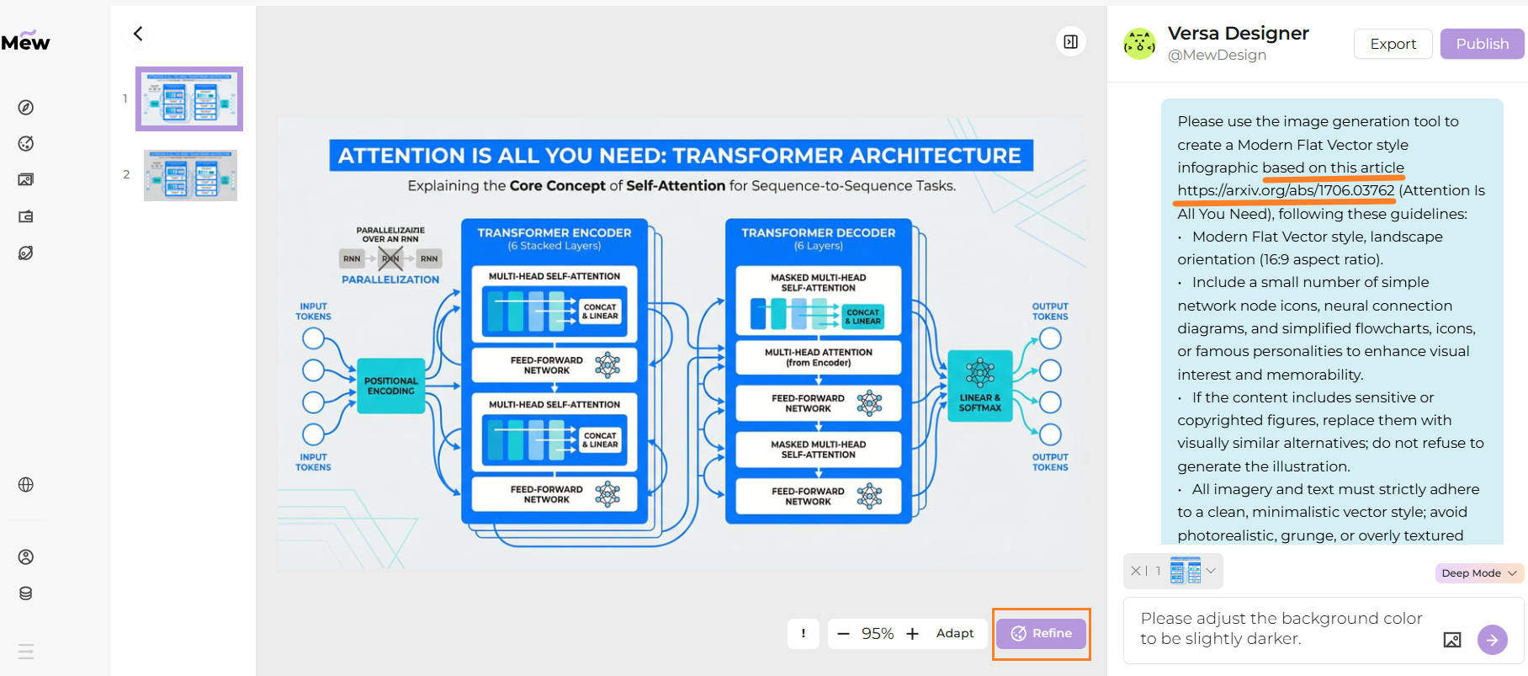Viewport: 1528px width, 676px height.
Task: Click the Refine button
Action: click(x=1041, y=633)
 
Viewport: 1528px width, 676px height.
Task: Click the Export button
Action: click(x=1393, y=44)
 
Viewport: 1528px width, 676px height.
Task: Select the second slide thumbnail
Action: click(x=190, y=175)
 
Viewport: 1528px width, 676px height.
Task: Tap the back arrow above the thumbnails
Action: click(x=138, y=34)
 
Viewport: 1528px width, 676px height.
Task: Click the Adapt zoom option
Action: click(x=954, y=633)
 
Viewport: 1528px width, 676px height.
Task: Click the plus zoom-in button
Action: click(x=912, y=633)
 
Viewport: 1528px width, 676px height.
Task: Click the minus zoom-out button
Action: click(x=843, y=633)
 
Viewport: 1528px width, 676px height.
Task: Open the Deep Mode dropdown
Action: click(x=1478, y=573)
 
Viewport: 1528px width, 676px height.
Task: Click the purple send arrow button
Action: click(x=1492, y=640)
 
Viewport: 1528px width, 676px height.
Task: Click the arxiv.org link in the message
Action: click(x=1285, y=190)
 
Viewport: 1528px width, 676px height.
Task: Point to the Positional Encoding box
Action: click(x=390, y=386)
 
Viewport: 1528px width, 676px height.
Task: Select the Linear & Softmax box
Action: click(x=979, y=386)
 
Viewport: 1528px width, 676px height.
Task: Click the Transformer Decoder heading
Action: click(x=818, y=232)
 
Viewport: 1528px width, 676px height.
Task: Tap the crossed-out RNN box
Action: click(x=390, y=258)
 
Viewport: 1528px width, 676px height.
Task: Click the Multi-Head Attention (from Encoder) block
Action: click(x=818, y=358)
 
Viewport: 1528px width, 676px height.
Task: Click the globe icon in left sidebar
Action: click(x=26, y=485)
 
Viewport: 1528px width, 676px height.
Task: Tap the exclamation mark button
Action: click(x=803, y=633)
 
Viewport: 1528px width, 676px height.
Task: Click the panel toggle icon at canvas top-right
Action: click(x=1070, y=41)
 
